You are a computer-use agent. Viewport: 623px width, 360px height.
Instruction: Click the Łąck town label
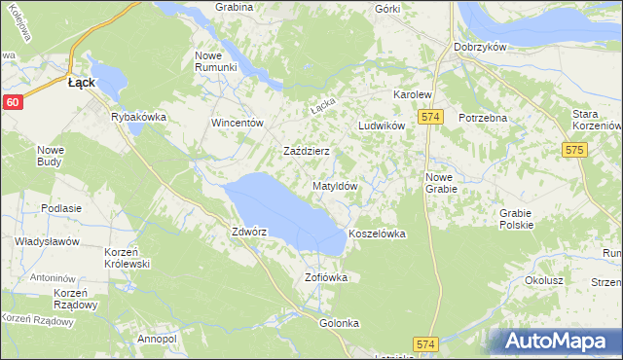click(x=81, y=84)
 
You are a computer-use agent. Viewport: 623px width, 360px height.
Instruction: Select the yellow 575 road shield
click(x=573, y=150)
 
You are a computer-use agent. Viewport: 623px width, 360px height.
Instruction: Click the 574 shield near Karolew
click(x=432, y=117)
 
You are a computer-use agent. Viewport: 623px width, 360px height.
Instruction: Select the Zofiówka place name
click(x=326, y=277)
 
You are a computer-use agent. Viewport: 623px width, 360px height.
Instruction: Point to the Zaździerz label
click(x=307, y=152)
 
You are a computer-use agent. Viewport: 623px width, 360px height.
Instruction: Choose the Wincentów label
click(x=238, y=124)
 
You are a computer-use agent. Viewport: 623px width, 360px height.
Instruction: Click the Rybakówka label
click(x=139, y=117)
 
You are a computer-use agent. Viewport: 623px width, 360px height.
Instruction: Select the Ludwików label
click(x=381, y=126)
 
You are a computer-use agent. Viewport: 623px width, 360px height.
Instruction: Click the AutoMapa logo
click(x=558, y=341)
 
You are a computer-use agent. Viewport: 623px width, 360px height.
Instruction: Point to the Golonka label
click(x=339, y=323)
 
